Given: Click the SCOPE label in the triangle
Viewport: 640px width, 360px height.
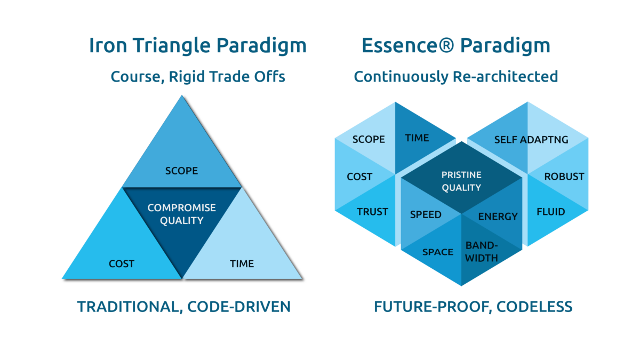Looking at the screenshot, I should (x=181, y=171).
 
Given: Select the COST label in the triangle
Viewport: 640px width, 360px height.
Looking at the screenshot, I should (x=122, y=263).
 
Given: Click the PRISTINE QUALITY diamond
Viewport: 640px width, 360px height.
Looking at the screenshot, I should (x=461, y=181).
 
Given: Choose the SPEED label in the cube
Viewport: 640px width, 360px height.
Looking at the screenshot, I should (x=426, y=215).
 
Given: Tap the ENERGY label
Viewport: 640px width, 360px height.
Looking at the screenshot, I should (x=498, y=217).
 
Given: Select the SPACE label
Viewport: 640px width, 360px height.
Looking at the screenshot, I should (x=437, y=252).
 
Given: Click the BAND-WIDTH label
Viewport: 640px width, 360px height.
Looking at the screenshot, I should (x=482, y=252).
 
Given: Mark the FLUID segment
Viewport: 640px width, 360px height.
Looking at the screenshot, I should (x=550, y=212).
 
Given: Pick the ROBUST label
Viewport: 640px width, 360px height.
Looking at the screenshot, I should (x=564, y=177).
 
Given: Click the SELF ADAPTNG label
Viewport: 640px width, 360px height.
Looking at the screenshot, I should (x=531, y=140).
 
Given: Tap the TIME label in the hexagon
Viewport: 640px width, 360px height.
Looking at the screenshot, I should (x=417, y=138).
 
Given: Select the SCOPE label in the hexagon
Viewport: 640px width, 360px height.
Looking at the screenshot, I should (x=369, y=139).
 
